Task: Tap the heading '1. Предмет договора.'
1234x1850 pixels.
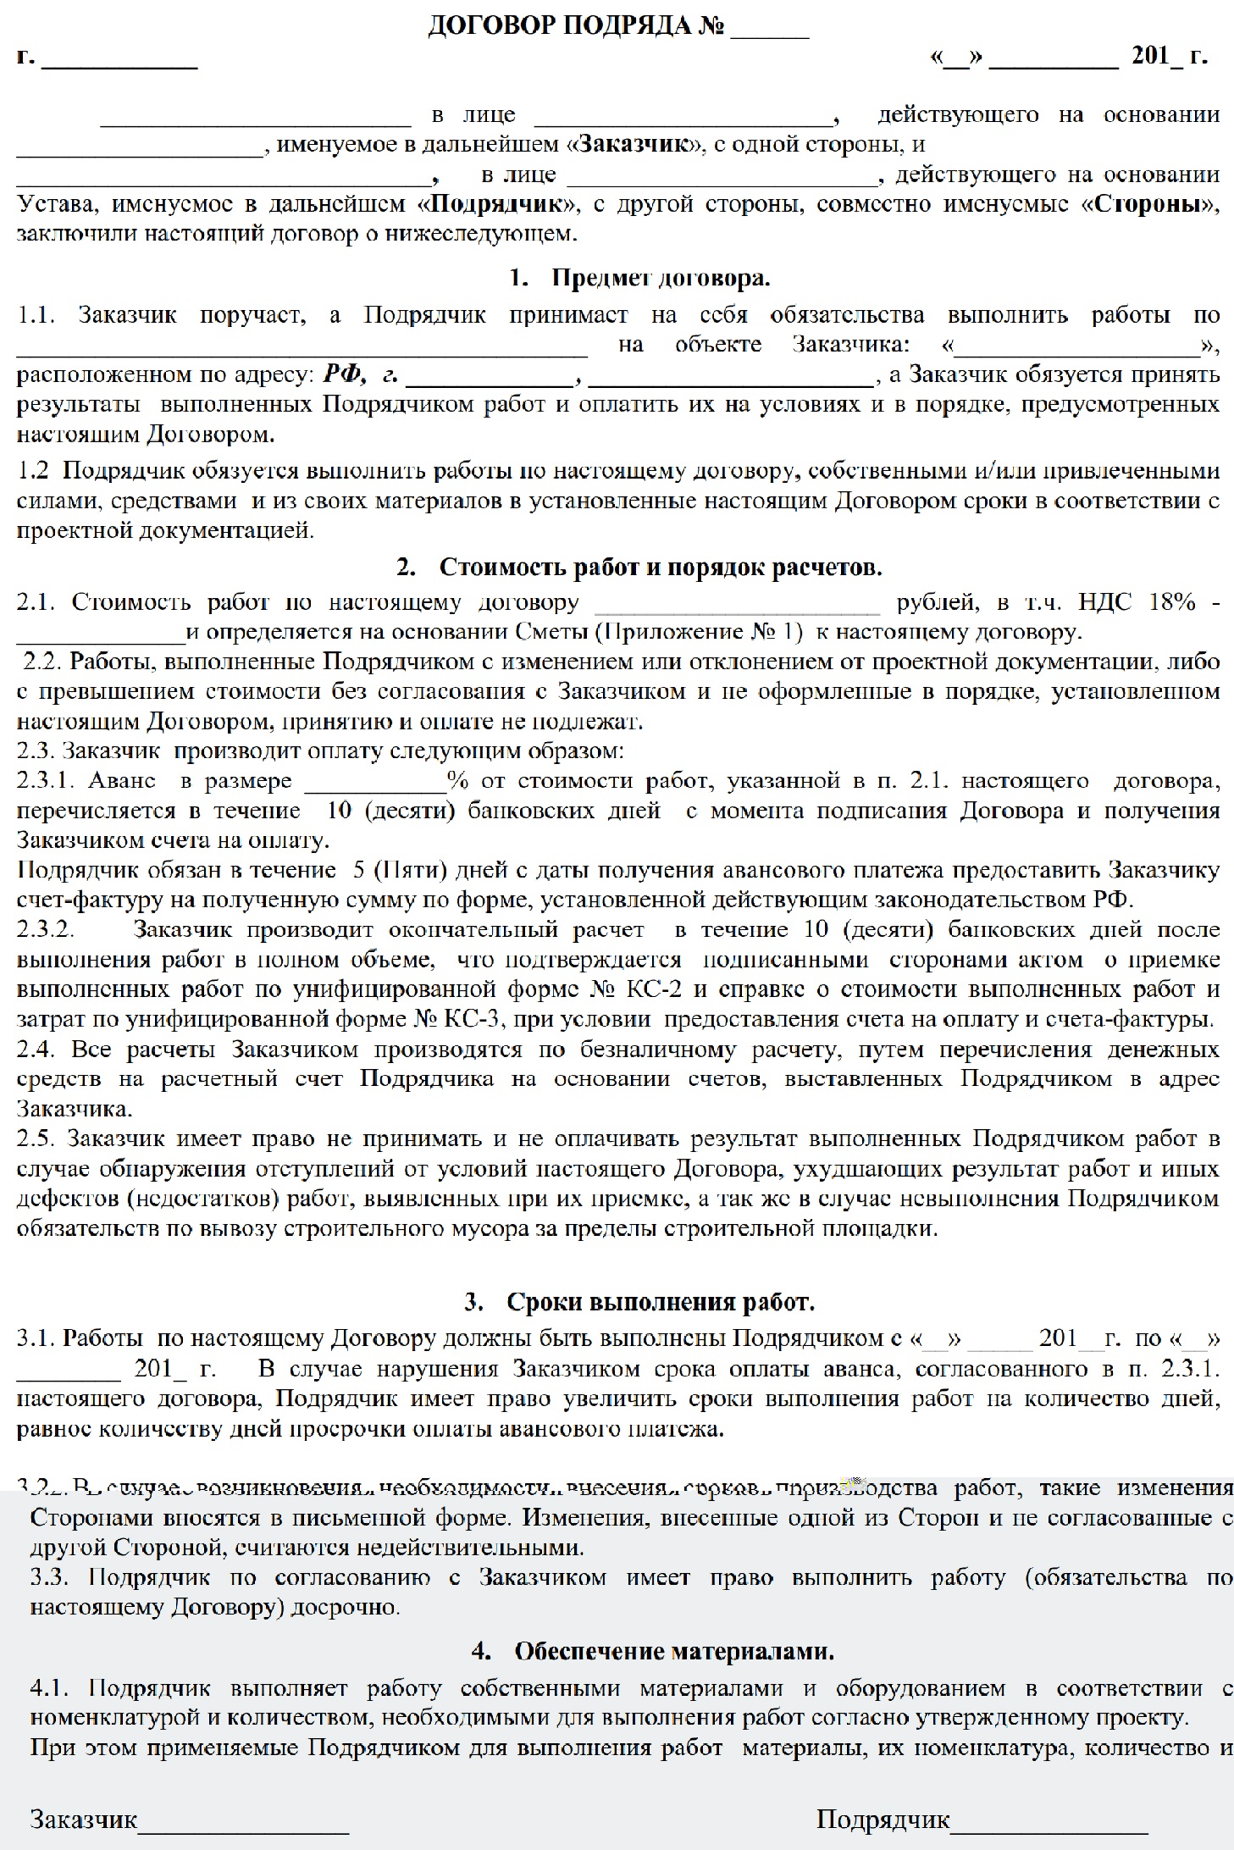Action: click(x=640, y=278)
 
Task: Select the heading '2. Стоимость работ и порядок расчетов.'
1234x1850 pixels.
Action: click(x=639, y=567)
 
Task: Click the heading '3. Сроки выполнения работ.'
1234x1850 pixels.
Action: click(x=639, y=1302)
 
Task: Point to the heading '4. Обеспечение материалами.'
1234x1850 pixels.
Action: click(x=652, y=1651)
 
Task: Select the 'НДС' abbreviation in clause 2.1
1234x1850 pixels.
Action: click(x=1104, y=602)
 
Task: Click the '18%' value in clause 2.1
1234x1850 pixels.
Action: click(x=1172, y=602)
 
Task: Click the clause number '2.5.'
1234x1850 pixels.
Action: click(x=36, y=1139)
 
